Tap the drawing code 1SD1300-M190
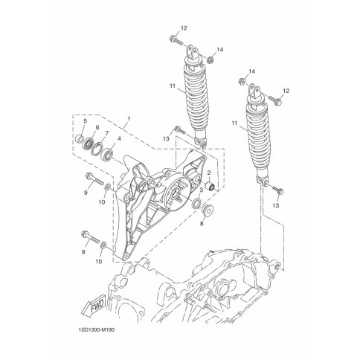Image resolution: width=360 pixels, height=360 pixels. click(95, 330)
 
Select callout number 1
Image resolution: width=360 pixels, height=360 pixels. click(129, 119)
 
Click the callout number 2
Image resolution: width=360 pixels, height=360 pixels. click(209, 172)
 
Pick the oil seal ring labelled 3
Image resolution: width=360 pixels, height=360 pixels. click(197, 203)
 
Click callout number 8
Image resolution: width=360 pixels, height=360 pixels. click(202, 224)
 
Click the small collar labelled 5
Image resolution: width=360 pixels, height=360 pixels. click(79, 138)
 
